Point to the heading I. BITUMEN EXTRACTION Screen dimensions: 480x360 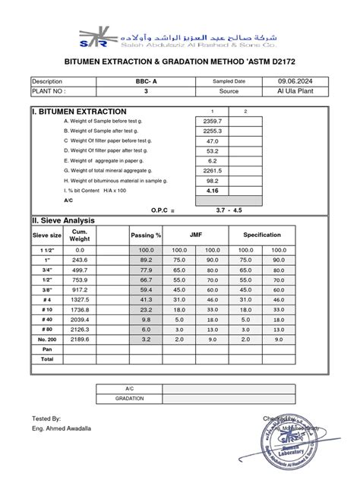71,111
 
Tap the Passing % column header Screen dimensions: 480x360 146,235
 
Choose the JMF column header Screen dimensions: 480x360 196,235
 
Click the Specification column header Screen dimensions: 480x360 262,235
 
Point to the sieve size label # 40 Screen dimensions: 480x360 47,320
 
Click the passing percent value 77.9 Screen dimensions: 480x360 146,270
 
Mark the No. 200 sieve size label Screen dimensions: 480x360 47,339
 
